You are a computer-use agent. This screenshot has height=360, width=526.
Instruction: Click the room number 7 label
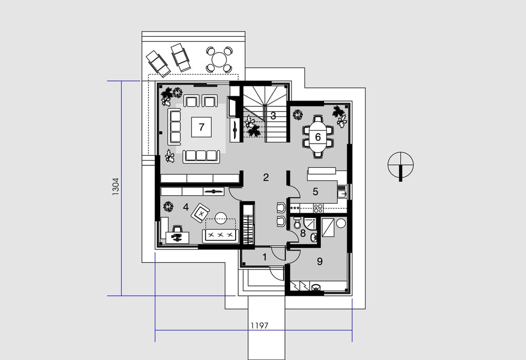point(201,127)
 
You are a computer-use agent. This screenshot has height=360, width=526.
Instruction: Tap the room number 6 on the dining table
point(318,137)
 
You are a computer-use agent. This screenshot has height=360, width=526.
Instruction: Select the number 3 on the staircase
point(273,116)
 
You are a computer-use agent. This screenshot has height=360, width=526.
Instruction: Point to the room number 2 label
point(266,177)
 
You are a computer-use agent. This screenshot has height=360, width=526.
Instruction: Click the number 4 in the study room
point(186,207)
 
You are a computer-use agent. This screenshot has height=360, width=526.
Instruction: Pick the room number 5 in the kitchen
point(315,192)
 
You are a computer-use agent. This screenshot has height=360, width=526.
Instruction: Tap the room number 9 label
point(320,262)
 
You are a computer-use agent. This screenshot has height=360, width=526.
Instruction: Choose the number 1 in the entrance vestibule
point(265,257)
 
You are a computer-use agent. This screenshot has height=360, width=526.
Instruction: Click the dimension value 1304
point(115,187)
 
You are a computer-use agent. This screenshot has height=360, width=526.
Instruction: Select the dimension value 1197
point(259,325)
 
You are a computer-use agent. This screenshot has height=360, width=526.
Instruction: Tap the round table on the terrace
point(219,59)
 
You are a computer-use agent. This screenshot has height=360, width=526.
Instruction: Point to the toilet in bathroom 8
point(297,223)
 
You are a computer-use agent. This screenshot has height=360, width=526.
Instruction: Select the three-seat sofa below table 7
point(201,156)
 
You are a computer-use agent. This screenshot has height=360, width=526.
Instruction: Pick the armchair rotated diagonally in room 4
point(200,213)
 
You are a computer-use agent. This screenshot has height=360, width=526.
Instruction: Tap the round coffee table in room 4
point(221,218)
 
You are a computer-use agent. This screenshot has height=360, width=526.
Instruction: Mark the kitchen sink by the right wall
point(342,194)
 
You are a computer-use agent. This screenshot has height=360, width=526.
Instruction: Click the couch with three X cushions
point(220,236)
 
